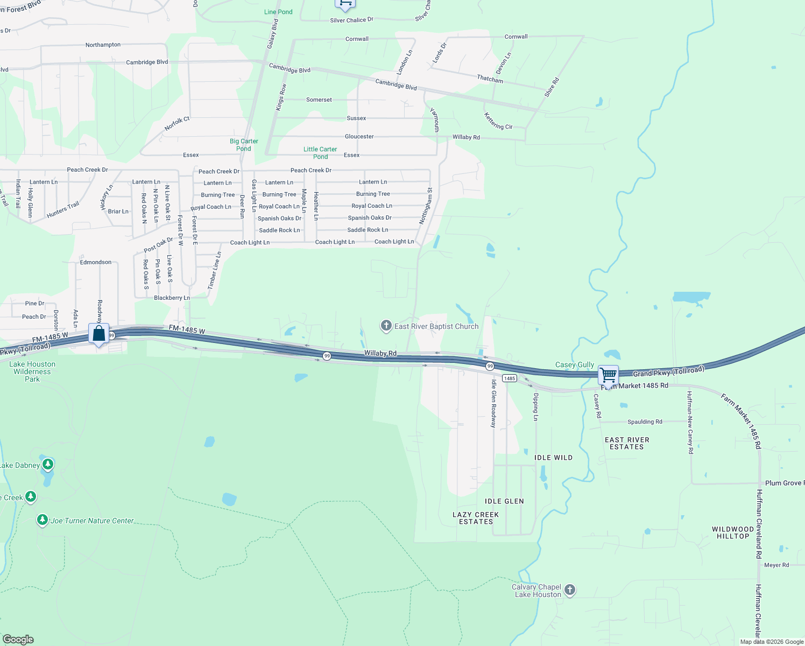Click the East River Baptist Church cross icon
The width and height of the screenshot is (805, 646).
pyautogui.click(x=386, y=326)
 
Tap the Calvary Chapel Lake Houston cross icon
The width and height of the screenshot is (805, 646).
pyautogui.click(x=570, y=590)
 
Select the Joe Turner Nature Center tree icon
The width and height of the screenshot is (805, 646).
pyautogui.click(x=43, y=520)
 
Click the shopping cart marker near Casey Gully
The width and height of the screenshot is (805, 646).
pyautogui.click(x=608, y=375)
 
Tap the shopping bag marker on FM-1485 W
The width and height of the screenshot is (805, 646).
pyautogui.click(x=99, y=334)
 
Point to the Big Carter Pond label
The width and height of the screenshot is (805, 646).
pyautogui.click(x=244, y=145)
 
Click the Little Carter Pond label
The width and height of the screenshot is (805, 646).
pyautogui.click(x=320, y=153)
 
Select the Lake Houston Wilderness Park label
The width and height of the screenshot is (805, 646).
pyautogui.click(x=32, y=371)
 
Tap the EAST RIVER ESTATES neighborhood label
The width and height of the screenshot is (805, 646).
pyautogui.click(x=627, y=443)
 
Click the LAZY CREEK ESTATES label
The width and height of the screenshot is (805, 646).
pyautogui.click(x=476, y=518)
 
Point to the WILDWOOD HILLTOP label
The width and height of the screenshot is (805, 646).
pyautogui.click(x=733, y=532)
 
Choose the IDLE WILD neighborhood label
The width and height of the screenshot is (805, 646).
pyautogui.click(x=553, y=458)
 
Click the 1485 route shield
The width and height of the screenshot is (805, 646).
pyautogui.click(x=510, y=378)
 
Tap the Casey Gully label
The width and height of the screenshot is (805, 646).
pyautogui.click(x=575, y=364)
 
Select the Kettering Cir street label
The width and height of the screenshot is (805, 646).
pyautogui.click(x=498, y=122)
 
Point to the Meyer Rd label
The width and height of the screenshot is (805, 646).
pyautogui.click(x=776, y=565)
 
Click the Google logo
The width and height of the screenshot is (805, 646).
pyautogui.click(x=18, y=640)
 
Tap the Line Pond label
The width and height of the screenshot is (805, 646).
pyautogui.click(x=278, y=12)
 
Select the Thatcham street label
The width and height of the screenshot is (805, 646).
pyautogui.click(x=490, y=79)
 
